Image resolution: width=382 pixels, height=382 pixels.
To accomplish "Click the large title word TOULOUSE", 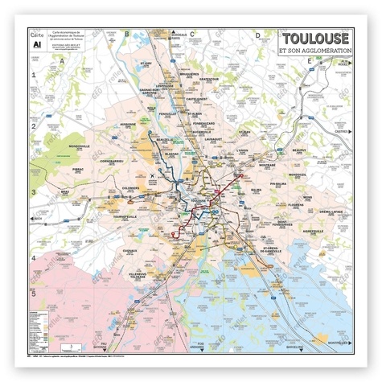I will click(314, 39).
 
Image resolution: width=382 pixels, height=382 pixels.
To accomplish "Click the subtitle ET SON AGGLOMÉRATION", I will click(314, 52).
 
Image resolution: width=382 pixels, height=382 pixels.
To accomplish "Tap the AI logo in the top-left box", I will click(35, 46).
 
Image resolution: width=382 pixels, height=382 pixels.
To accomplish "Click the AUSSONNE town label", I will click(128, 124).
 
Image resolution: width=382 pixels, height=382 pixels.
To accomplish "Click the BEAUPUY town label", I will click(300, 150).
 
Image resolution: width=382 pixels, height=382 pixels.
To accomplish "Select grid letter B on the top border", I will click(126, 34).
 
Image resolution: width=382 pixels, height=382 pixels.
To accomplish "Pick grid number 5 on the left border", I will click(34, 293).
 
